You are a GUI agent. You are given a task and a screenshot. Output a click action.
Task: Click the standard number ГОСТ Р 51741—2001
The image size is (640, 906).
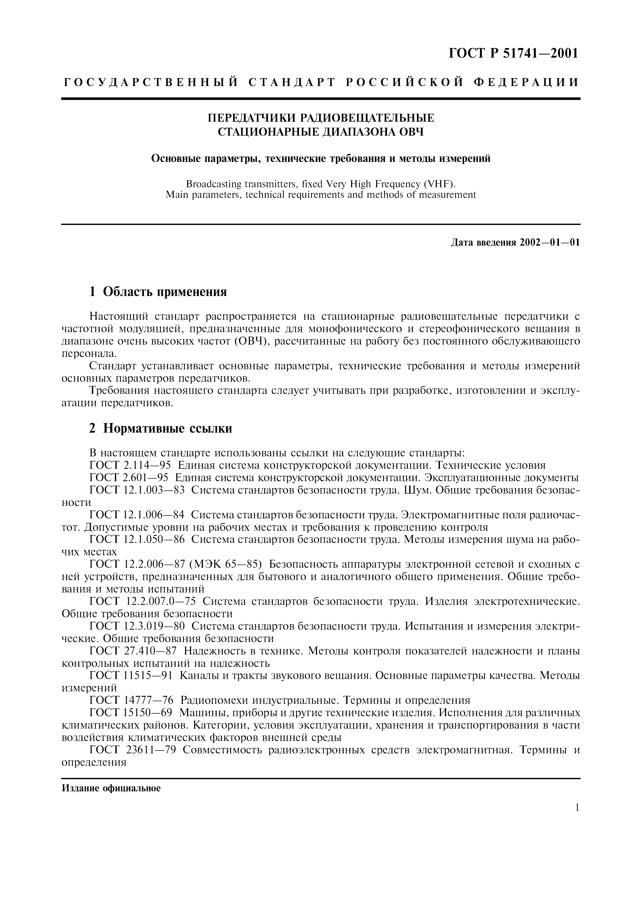tap(513, 53)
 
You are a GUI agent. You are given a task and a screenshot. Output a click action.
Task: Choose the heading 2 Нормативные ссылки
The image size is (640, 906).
tap(161, 428)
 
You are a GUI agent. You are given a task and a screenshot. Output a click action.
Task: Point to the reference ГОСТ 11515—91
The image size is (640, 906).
tap(131, 676)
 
